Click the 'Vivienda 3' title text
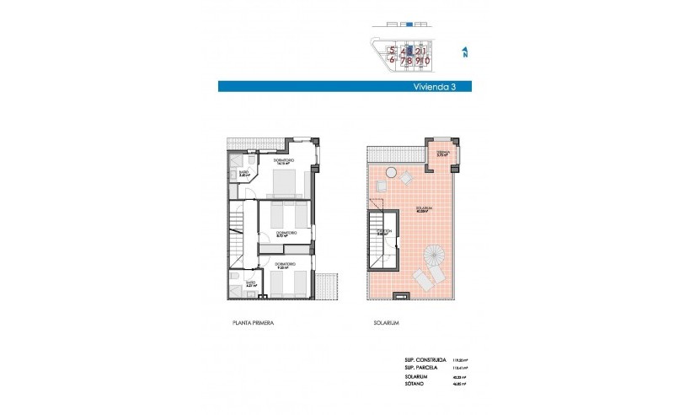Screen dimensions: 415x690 pos(432,86)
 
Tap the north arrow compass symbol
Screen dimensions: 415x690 pos(464,53)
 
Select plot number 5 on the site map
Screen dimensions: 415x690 pos(393,50)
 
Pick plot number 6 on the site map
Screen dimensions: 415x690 pos(393,60)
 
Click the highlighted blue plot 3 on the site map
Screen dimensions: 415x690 pos(409,50)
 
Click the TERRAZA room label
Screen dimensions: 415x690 pos(443,153)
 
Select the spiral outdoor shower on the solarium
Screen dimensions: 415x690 pos(436,252)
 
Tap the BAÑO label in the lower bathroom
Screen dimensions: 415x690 pos(250,283)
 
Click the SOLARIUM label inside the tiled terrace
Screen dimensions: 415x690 pos(424,209)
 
